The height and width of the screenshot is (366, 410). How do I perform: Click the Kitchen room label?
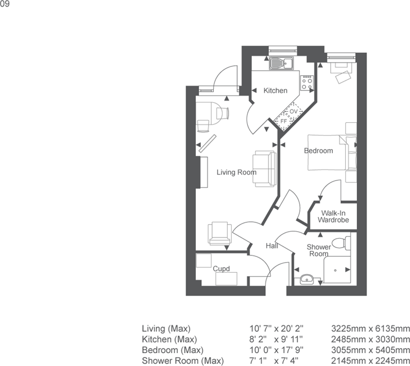275,91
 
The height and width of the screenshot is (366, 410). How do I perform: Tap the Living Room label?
237,172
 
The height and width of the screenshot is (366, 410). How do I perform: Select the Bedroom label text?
318,150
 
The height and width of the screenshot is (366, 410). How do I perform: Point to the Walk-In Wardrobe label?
333,217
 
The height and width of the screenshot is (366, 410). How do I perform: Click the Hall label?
272,245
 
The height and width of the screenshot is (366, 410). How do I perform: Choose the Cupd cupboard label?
221,269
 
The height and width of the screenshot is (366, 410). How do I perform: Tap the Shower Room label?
319,250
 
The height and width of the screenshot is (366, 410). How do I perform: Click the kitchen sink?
281,63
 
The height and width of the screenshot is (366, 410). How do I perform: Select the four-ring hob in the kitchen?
307,83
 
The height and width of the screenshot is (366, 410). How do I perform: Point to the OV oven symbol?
294,112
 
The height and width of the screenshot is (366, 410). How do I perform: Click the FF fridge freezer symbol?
284,121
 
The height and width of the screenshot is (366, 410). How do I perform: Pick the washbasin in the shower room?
307,279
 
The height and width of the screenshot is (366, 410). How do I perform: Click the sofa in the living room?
265,169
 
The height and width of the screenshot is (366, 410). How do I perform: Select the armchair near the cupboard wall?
220,233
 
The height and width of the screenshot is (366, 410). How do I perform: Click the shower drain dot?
336,270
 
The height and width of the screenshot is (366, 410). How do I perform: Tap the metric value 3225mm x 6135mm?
370,329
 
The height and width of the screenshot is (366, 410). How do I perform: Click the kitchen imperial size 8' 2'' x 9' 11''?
276,339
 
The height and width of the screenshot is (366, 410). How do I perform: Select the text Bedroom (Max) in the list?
173,350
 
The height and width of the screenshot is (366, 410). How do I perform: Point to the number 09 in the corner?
4,4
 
